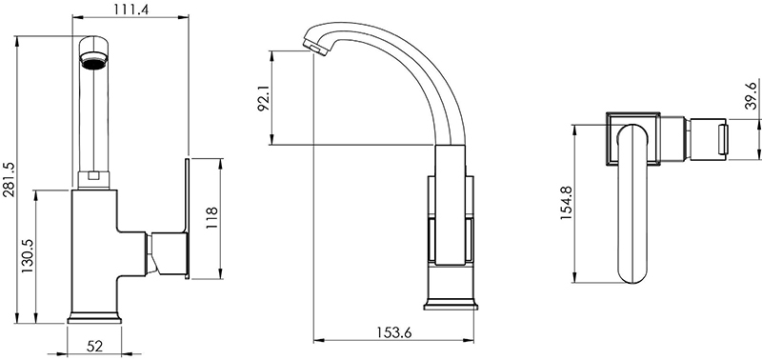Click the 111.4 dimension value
click(x=131, y=9)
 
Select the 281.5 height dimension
click(x=10, y=180)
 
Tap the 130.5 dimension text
click(x=28, y=255)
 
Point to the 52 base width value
click(x=94, y=347)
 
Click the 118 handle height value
click(x=212, y=218)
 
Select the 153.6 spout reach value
click(x=394, y=332)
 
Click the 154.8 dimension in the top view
click(x=566, y=203)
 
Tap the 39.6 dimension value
click(x=751, y=95)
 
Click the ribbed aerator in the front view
click(x=93, y=63)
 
